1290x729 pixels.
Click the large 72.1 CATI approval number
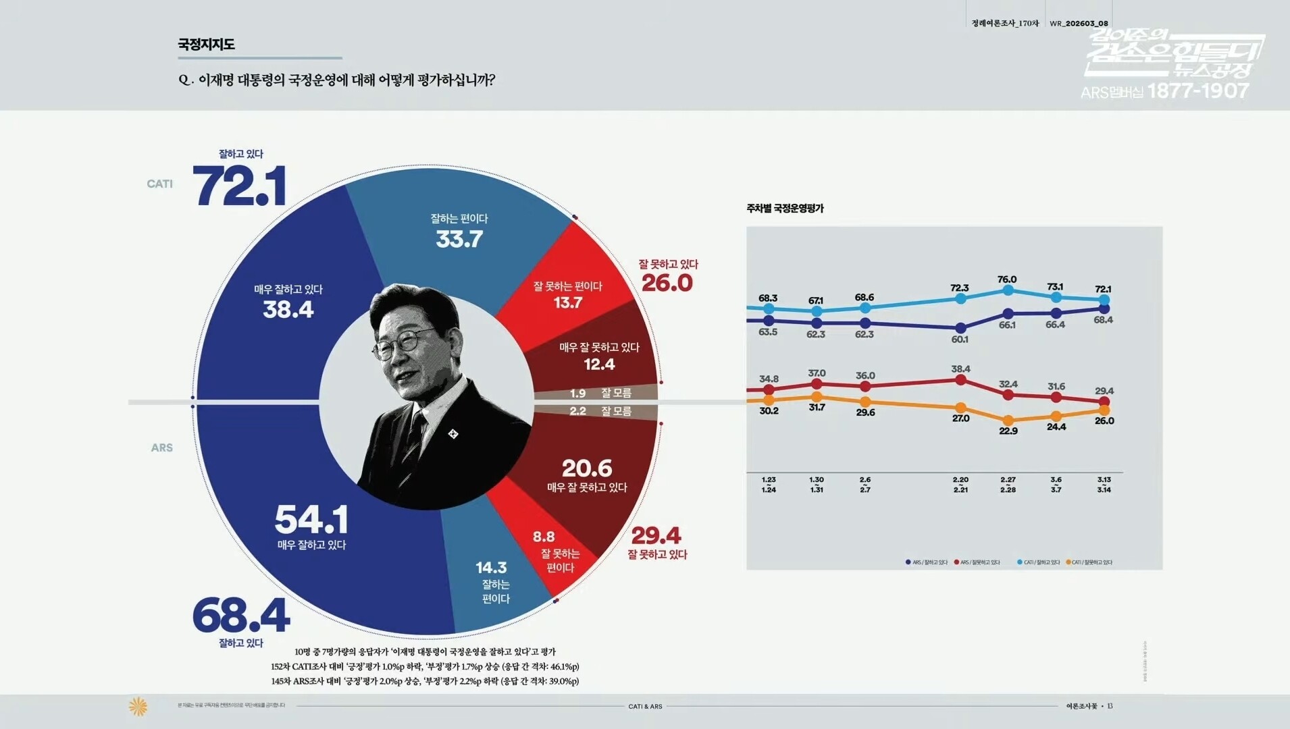(240, 186)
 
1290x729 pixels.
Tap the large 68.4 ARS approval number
(241, 615)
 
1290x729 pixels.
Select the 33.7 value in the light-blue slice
(459, 239)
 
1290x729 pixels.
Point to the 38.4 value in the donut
(288, 310)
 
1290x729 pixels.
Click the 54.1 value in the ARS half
(311, 520)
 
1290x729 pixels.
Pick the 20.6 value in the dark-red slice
(587, 468)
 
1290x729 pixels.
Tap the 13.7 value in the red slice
(567, 303)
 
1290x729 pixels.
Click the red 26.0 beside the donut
(667, 283)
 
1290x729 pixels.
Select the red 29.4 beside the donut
(656, 536)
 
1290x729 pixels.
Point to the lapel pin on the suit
(453, 433)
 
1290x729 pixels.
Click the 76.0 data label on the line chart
(1007, 279)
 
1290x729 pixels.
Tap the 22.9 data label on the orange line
(1008, 431)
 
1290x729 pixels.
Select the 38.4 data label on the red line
(960, 369)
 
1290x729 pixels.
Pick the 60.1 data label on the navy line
(960, 340)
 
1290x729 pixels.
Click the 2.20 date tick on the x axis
(960, 485)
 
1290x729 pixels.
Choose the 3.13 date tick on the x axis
(1104, 485)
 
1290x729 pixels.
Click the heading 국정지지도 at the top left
(207, 45)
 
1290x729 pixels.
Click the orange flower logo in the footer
(138, 707)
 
